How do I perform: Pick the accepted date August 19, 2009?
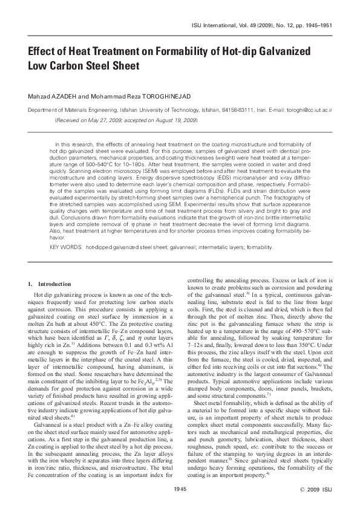[x=173, y=120]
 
